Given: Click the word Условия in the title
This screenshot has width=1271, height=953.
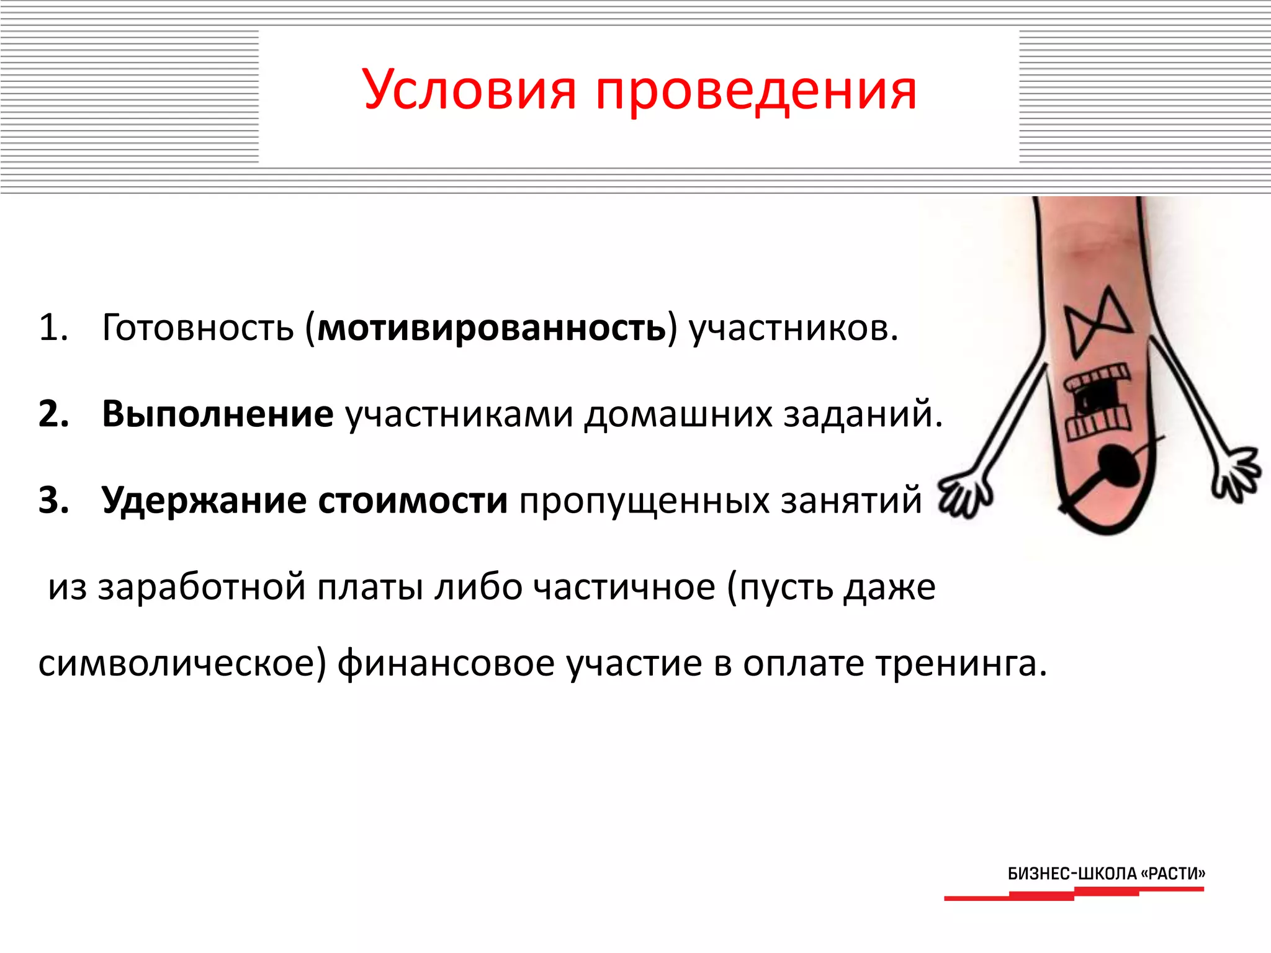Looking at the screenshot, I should (469, 91).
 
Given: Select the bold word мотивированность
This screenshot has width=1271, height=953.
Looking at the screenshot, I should (492, 328).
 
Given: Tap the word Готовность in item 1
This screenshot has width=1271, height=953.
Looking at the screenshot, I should (197, 328).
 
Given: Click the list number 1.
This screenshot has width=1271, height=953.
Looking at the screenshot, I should (52, 328).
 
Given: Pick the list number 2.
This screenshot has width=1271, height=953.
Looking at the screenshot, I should (53, 414).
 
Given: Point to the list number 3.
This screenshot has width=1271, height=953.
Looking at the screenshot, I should (53, 500).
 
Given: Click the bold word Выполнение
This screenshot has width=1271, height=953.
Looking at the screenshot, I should (217, 414).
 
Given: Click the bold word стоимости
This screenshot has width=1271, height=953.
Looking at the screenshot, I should (413, 500).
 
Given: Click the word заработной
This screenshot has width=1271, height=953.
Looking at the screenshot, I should (201, 587).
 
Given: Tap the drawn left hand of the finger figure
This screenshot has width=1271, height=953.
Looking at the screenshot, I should (965, 493).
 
